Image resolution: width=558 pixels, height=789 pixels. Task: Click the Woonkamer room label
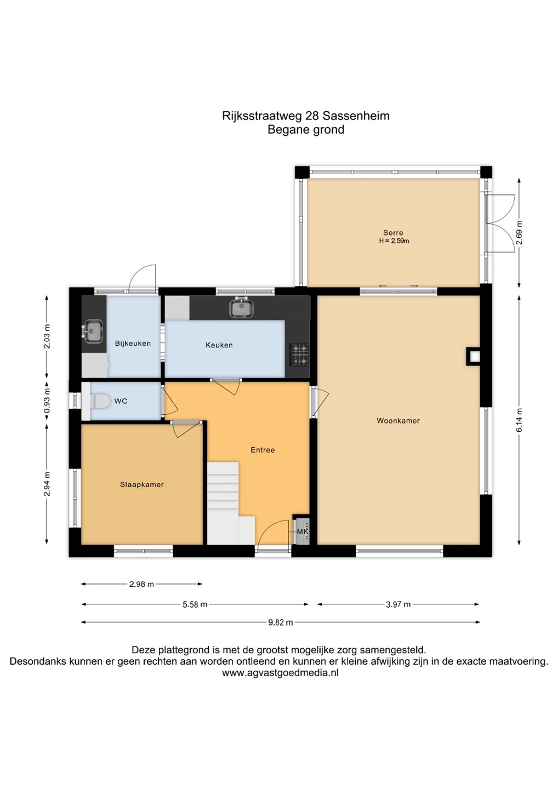398,421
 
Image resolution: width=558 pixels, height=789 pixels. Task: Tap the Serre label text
393,232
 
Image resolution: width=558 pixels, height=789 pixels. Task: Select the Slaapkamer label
142,485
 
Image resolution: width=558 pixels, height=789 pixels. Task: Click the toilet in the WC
100,401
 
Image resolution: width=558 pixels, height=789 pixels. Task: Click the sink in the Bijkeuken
94,331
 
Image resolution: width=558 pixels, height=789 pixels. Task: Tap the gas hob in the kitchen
299,355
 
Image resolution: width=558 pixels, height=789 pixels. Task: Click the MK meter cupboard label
303,531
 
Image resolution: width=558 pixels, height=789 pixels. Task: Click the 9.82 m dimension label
281,622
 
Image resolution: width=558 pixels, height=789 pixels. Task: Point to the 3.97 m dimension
398,604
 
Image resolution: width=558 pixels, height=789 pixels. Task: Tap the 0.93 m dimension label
47,401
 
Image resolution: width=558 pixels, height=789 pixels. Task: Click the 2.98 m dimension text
141,584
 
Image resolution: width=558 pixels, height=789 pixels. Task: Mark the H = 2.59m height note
394,241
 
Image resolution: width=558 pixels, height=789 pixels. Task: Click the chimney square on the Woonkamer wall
472,357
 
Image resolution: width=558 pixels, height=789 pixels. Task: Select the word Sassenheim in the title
356,116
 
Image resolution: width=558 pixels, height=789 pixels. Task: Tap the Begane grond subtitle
306,130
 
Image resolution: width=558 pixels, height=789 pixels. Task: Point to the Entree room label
263,450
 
